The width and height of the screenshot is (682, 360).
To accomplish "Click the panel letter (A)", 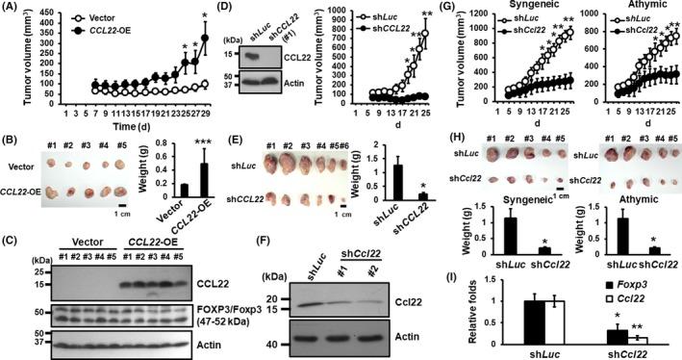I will point(13,9).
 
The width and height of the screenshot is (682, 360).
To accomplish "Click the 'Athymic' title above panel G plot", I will point(626,9).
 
